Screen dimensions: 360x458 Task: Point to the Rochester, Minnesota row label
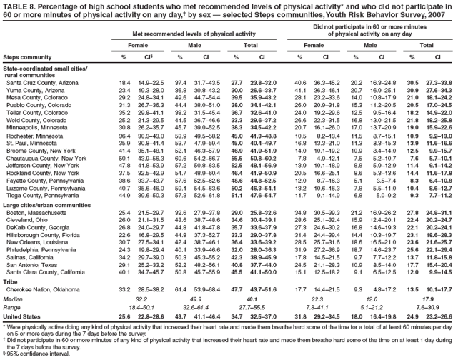[34, 155]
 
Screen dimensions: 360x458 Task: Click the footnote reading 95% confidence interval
[36, 354]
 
